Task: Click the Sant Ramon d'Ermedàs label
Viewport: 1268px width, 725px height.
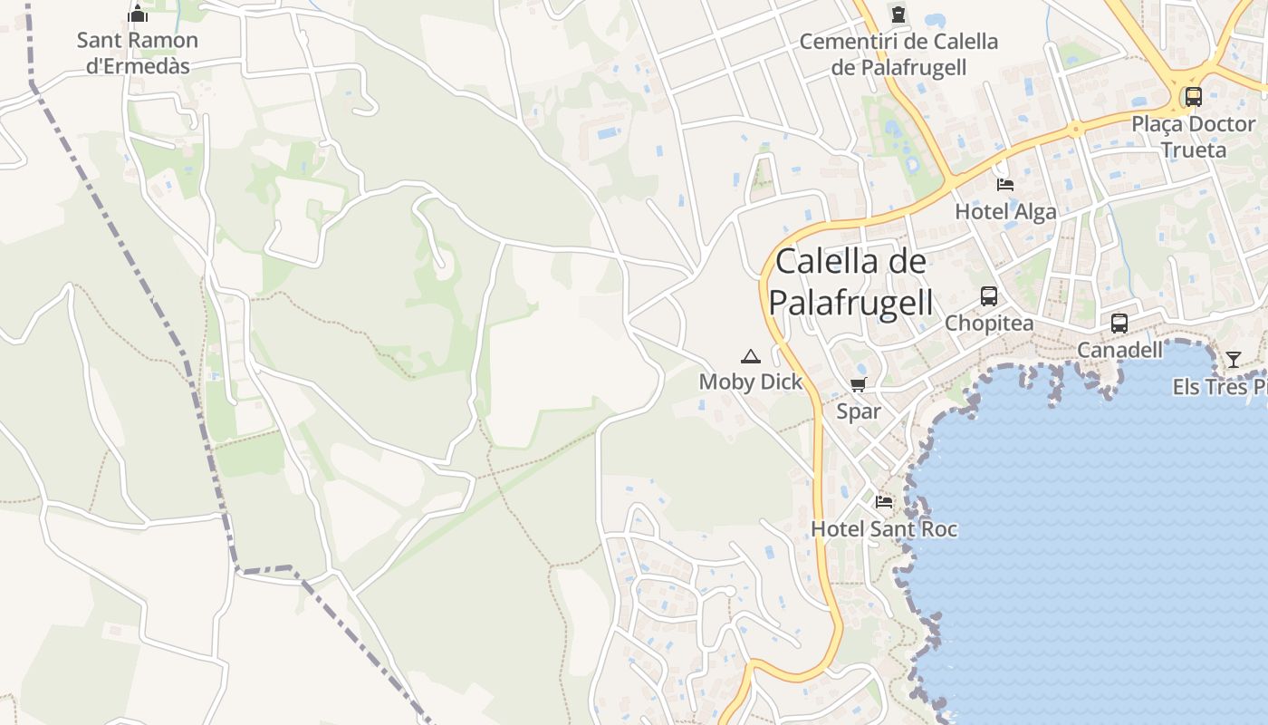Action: [x=138, y=53]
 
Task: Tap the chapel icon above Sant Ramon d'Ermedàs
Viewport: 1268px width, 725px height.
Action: [x=138, y=14]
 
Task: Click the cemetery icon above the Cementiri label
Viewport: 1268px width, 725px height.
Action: [x=898, y=14]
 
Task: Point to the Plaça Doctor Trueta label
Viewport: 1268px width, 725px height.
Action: [x=1193, y=136]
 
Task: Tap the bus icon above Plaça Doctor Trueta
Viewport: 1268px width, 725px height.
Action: [x=1193, y=96]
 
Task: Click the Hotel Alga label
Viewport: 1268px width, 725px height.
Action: [x=1005, y=212]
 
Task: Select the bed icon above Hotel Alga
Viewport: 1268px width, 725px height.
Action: [x=1005, y=185]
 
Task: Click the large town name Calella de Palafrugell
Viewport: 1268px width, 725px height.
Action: [x=851, y=282]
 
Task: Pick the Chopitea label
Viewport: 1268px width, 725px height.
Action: [x=989, y=324]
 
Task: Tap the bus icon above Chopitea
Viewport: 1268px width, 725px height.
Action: [x=989, y=295]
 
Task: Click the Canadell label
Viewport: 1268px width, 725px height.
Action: [x=1119, y=350]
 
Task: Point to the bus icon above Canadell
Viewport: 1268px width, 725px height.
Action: [x=1119, y=323]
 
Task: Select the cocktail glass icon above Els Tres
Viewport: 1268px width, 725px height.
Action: [x=1233, y=359]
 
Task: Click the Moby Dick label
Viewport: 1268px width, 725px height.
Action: [x=751, y=382]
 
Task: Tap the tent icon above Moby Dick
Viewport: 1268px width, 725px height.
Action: [x=750, y=356]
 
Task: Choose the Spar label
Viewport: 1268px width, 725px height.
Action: [x=859, y=411]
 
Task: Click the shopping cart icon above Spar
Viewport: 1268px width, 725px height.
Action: [x=859, y=384]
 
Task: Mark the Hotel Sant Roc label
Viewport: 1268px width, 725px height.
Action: [x=884, y=528]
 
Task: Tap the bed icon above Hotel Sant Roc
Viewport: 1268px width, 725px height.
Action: [x=884, y=501]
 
